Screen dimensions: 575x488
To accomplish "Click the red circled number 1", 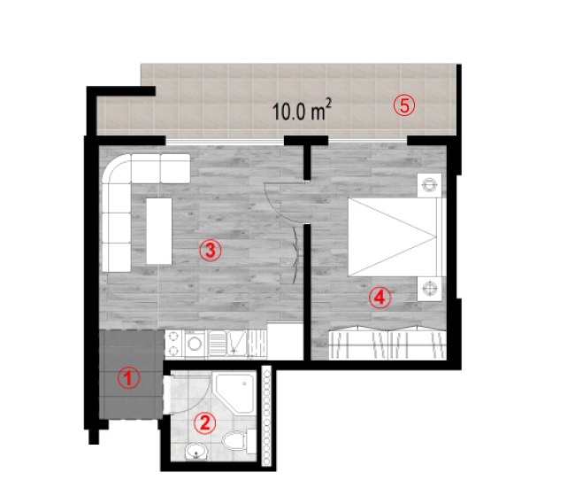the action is click(x=128, y=378).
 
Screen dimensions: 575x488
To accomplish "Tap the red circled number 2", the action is click(x=205, y=423).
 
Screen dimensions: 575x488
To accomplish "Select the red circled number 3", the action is click(x=211, y=251).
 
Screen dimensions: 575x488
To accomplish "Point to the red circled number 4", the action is click(x=379, y=298).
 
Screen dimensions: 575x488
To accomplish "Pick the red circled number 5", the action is click(x=404, y=105).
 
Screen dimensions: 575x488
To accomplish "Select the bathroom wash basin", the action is click(x=196, y=452).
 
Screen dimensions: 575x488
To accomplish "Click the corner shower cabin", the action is click(x=234, y=393).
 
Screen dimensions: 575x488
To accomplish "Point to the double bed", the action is click(x=397, y=237).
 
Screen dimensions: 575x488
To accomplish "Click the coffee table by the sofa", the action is click(x=159, y=231).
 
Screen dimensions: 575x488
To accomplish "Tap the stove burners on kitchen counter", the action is click(x=173, y=345).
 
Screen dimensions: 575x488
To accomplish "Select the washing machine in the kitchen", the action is click(x=195, y=345).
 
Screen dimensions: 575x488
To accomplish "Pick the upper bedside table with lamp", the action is click(x=429, y=185).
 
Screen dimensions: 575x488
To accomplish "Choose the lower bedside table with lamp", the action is click(x=429, y=289).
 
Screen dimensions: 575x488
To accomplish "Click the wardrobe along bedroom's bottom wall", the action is click(x=387, y=344).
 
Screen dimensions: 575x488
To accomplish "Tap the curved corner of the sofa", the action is click(x=117, y=168).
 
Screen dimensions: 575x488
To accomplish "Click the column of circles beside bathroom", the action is click(x=266, y=418).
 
